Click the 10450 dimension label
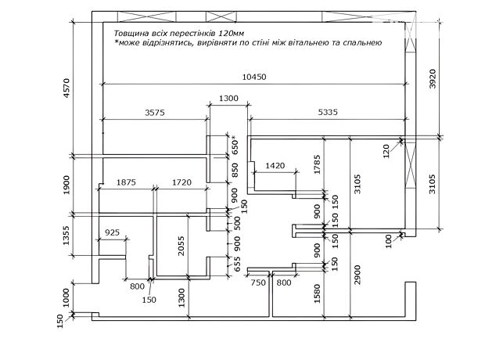pyautogui.click(x=254, y=77)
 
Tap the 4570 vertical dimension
pyautogui.click(x=66, y=88)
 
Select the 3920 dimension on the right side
pyautogui.click(x=433, y=78)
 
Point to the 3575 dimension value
pyautogui.click(x=155, y=112)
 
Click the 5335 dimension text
pyautogui.click(x=328, y=112)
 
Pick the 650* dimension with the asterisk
pyautogui.click(x=235, y=145)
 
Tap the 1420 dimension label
pyautogui.click(x=275, y=166)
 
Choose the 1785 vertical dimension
pyautogui.click(x=318, y=164)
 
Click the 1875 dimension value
pyautogui.click(x=126, y=182)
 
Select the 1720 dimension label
pyautogui.click(x=181, y=182)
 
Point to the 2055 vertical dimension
pyautogui.click(x=181, y=246)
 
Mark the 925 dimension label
pyautogui.click(x=112, y=232)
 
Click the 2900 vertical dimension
pyautogui.click(x=357, y=275)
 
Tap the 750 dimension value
pyautogui.click(x=258, y=283)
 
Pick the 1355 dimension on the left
pyautogui.click(x=66, y=236)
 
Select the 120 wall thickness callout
pyautogui.click(x=386, y=151)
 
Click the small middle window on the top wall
pyautogui.click(x=221, y=16)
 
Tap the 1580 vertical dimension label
pyautogui.click(x=318, y=293)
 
